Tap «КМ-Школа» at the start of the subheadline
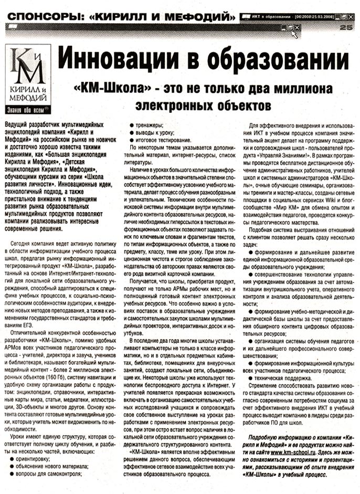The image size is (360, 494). pos(99,88)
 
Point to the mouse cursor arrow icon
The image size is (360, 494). pos(295,33)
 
